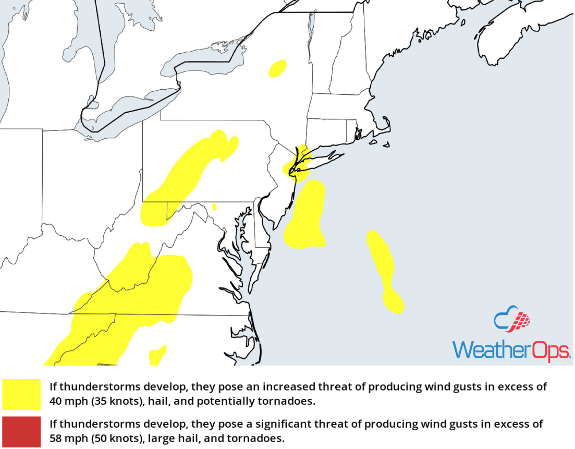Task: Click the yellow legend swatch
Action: click(21, 395)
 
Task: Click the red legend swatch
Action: click(21, 432)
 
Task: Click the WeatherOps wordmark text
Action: click(511, 349)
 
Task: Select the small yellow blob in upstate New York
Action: click(277, 68)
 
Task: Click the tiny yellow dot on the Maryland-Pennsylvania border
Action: click(214, 207)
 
